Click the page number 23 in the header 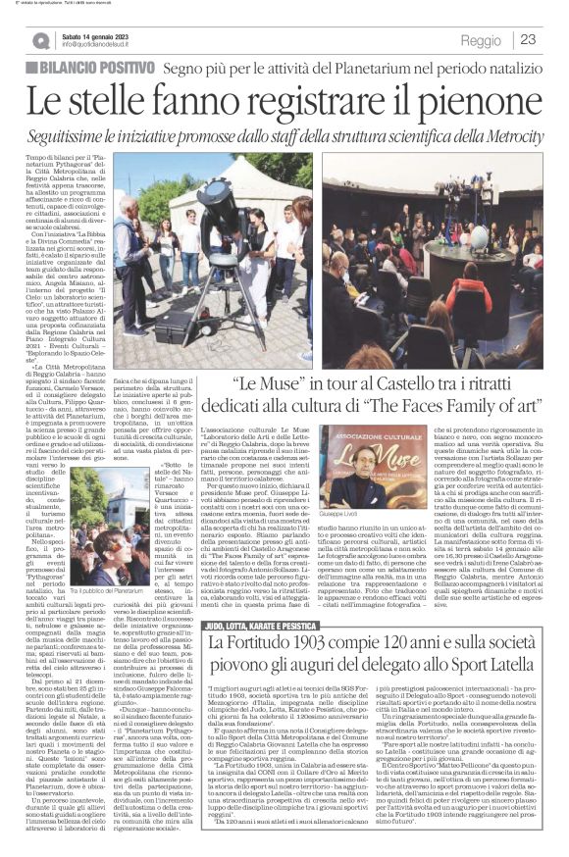pyautogui.click(x=528, y=39)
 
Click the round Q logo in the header pyautogui.click(x=40, y=40)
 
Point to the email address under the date pyautogui.click(x=108, y=45)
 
